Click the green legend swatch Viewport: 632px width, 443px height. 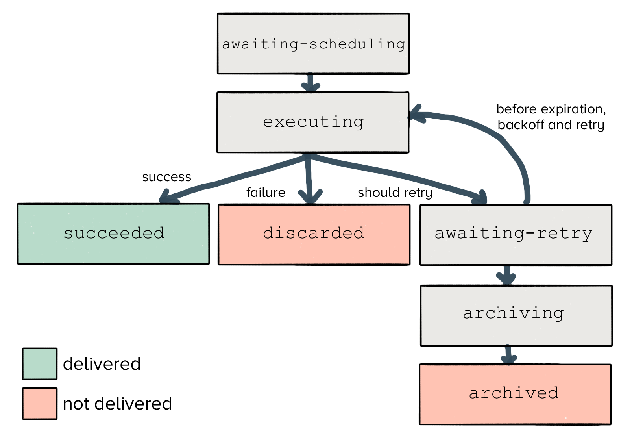(39, 364)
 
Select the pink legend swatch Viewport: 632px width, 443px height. (39, 404)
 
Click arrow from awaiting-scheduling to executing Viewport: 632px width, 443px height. (310, 83)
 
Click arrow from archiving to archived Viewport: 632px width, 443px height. (508, 356)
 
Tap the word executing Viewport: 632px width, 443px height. (313, 122)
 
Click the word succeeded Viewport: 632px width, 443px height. (114, 233)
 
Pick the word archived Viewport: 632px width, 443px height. (514, 393)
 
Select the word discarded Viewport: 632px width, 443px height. (314, 233)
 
